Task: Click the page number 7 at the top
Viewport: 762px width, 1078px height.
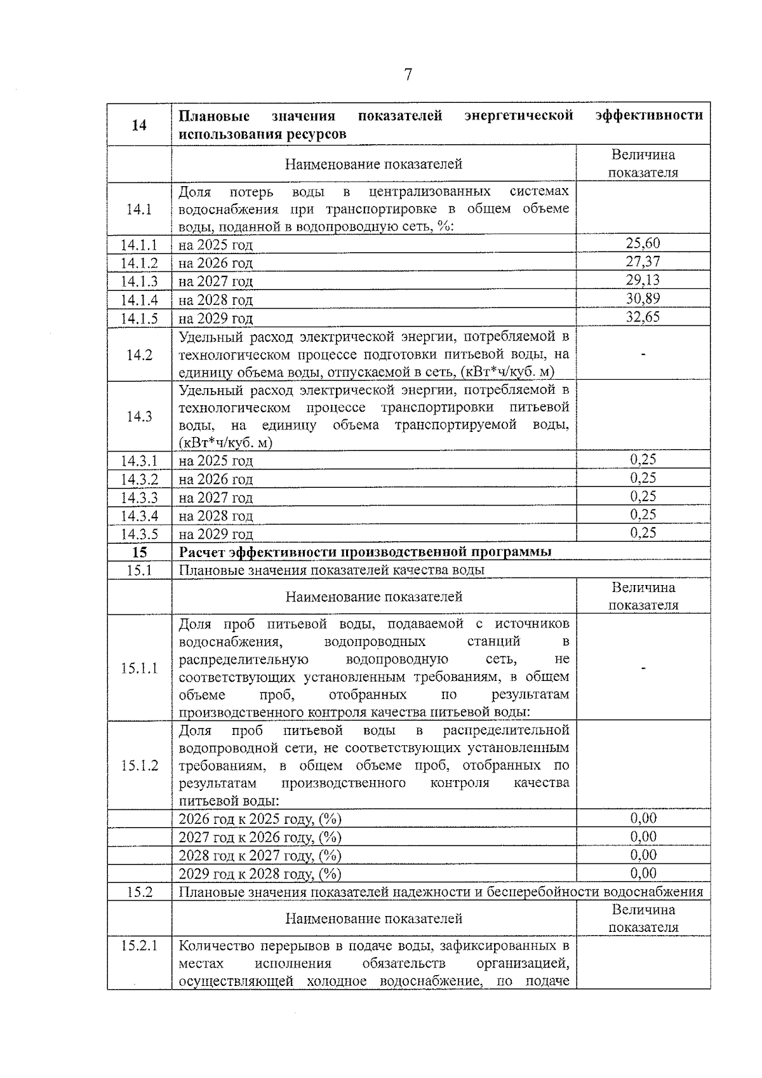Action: (408, 75)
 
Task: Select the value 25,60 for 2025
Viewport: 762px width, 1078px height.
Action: (643, 243)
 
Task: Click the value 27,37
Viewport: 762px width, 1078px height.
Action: (643, 262)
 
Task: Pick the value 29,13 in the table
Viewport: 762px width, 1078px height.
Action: (643, 280)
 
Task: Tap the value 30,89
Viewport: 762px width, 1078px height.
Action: (643, 299)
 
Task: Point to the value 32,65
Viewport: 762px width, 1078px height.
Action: (643, 317)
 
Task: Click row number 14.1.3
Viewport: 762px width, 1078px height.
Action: (139, 281)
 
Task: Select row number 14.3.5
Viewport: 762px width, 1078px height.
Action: (139, 534)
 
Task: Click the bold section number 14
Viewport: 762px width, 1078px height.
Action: (139, 125)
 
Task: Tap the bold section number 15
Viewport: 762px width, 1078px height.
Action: (139, 551)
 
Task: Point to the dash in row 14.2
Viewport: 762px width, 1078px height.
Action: (643, 355)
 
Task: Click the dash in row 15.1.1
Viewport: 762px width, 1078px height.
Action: (643, 668)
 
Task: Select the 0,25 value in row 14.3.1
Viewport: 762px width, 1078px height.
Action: (643, 459)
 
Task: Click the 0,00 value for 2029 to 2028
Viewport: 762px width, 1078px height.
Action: (643, 873)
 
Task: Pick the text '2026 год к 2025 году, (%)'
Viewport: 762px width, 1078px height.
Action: (260, 819)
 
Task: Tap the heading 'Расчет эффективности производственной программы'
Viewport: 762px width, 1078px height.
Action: (365, 551)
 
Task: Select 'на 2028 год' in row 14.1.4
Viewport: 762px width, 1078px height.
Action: (216, 300)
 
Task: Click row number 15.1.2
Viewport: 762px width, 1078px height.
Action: (139, 765)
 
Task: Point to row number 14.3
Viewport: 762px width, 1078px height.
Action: (139, 417)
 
